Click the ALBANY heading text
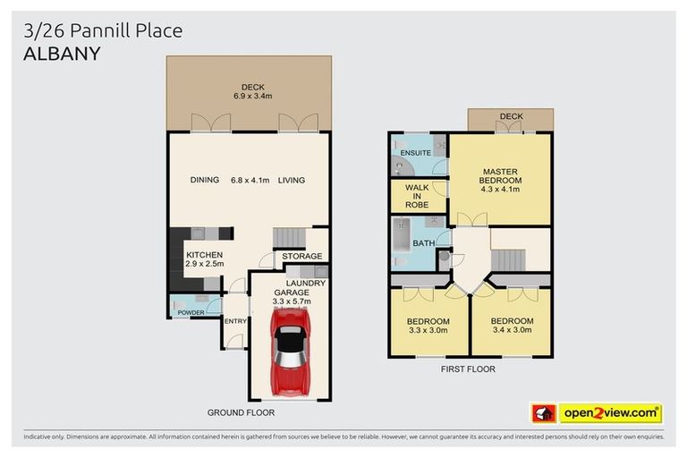(62, 54)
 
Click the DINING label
(205, 180)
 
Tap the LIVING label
(291, 180)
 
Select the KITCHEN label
(204, 255)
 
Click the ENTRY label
(234, 321)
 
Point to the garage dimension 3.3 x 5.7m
(292, 301)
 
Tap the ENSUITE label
(416, 153)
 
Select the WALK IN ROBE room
(417, 196)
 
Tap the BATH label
(423, 243)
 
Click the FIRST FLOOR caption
(467, 369)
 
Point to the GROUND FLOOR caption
(241, 412)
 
